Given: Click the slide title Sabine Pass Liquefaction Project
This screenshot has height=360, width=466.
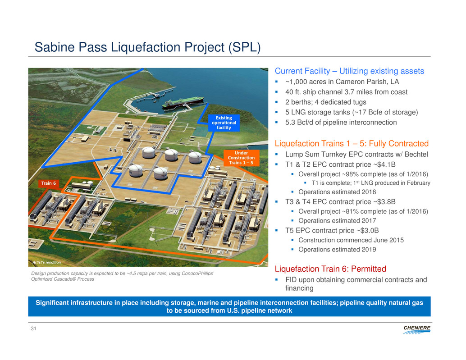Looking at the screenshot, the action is point(148,47).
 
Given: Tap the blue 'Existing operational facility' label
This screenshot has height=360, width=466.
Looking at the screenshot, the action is point(224,123).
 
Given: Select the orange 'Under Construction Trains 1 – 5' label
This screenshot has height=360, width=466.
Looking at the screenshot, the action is point(241,158).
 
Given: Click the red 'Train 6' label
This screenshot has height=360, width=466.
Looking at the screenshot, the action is point(48,183).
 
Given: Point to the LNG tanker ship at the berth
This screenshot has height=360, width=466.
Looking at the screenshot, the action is point(183,102).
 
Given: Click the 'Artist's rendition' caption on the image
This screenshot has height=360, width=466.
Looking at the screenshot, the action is point(47,262).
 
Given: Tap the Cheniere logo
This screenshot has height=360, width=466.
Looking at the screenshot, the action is point(417,330).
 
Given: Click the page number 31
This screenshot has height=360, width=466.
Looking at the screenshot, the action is point(33,328).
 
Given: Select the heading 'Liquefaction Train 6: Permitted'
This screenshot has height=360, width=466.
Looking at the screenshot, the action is point(330,269).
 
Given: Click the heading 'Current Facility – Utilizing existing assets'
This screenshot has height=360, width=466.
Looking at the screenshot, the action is point(349,71).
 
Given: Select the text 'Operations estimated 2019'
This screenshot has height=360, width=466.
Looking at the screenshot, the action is point(337,250).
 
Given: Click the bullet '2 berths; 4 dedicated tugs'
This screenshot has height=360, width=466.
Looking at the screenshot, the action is point(325,102).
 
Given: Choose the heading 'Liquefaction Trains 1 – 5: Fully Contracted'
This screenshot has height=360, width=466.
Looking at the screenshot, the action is point(351,143).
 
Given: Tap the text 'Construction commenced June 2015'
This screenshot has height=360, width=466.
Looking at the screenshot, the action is point(351,240).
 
